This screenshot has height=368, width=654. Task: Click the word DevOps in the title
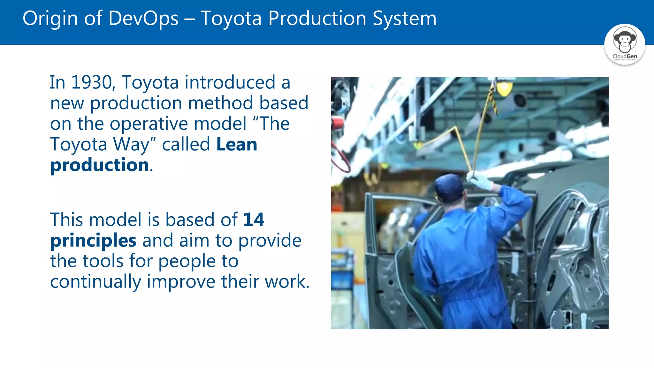click(143, 19)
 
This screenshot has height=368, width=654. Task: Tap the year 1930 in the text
click(92, 82)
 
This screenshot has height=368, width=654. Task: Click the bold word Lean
click(237, 144)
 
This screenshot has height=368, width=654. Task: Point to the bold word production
click(100, 165)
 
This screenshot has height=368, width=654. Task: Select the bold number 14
click(254, 220)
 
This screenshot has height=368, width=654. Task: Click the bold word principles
click(93, 241)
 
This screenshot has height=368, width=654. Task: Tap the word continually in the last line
click(95, 282)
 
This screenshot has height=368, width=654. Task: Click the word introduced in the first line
click(230, 82)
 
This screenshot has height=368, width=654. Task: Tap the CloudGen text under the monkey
click(625, 56)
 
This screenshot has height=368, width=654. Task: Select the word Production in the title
click(317, 19)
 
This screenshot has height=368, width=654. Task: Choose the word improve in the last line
click(181, 282)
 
